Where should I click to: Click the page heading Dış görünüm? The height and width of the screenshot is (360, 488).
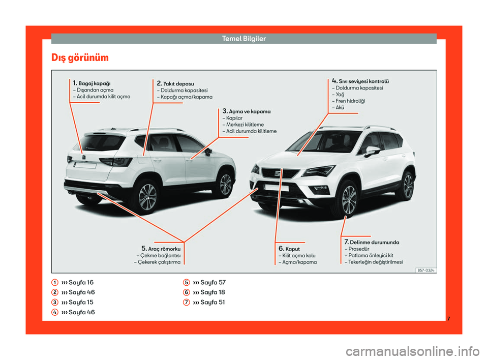(80, 58)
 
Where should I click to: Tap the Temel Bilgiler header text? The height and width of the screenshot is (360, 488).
(244, 39)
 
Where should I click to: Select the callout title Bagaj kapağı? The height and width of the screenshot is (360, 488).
(95, 83)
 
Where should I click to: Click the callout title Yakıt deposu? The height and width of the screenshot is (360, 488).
(178, 84)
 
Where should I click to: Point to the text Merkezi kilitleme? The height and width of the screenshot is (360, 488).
(245, 125)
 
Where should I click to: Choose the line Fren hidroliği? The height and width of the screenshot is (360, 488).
(350, 101)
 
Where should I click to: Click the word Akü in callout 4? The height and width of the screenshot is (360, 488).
(340, 107)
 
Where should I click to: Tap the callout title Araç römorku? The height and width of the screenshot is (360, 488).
(164, 249)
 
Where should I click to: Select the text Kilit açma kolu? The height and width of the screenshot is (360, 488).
(299, 256)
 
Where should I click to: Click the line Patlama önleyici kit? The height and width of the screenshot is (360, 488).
(371, 255)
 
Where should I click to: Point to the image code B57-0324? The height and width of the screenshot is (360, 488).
(426, 271)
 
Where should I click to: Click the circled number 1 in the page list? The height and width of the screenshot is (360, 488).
(55, 282)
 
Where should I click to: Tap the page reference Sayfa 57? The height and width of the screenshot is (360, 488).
(213, 282)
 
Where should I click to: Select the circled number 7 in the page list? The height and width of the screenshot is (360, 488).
(187, 303)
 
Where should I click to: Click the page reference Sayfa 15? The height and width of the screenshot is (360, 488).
(81, 303)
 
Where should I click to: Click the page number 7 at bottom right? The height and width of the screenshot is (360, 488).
(448, 319)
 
